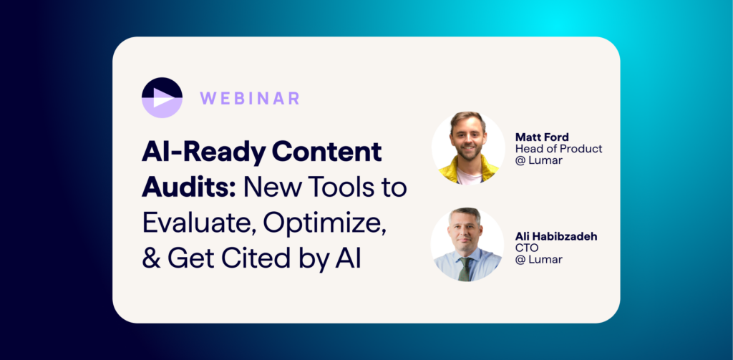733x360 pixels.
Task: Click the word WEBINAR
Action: click(250, 99)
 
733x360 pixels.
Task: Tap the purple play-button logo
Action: click(162, 98)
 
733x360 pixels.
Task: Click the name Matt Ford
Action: click(542, 137)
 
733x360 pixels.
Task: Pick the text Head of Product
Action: click(558, 149)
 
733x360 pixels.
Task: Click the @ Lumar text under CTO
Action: click(538, 259)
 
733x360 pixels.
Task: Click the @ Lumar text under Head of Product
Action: click(538, 160)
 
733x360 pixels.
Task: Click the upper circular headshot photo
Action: click(468, 147)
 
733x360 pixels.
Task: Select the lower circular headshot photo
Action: click(467, 245)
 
